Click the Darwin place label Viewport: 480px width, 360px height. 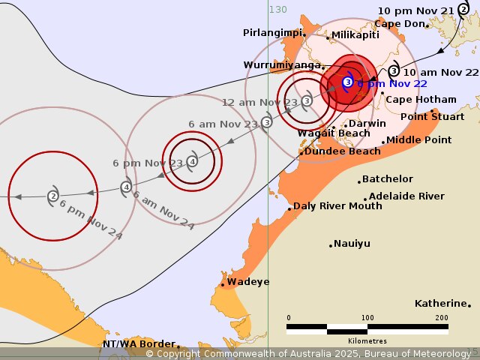(x=367, y=123)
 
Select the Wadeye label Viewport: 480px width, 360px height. (x=248, y=281)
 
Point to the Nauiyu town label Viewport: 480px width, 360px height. (x=352, y=243)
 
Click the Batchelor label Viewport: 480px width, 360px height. (x=387, y=178)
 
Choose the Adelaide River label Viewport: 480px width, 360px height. (x=406, y=196)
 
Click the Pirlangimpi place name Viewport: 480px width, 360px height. (x=272, y=32)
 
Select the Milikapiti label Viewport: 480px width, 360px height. (x=356, y=34)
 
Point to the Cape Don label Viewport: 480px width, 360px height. (x=399, y=23)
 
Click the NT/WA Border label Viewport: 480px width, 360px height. (x=139, y=343)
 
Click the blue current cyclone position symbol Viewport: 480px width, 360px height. (x=347, y=82)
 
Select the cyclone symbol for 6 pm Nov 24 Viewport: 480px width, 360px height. (x=53, y=196)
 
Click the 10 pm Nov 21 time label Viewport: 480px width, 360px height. (x=415, y=10)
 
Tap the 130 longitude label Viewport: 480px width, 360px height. (x=277, y=9)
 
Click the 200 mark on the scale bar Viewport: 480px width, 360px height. (x=441, y=318)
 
